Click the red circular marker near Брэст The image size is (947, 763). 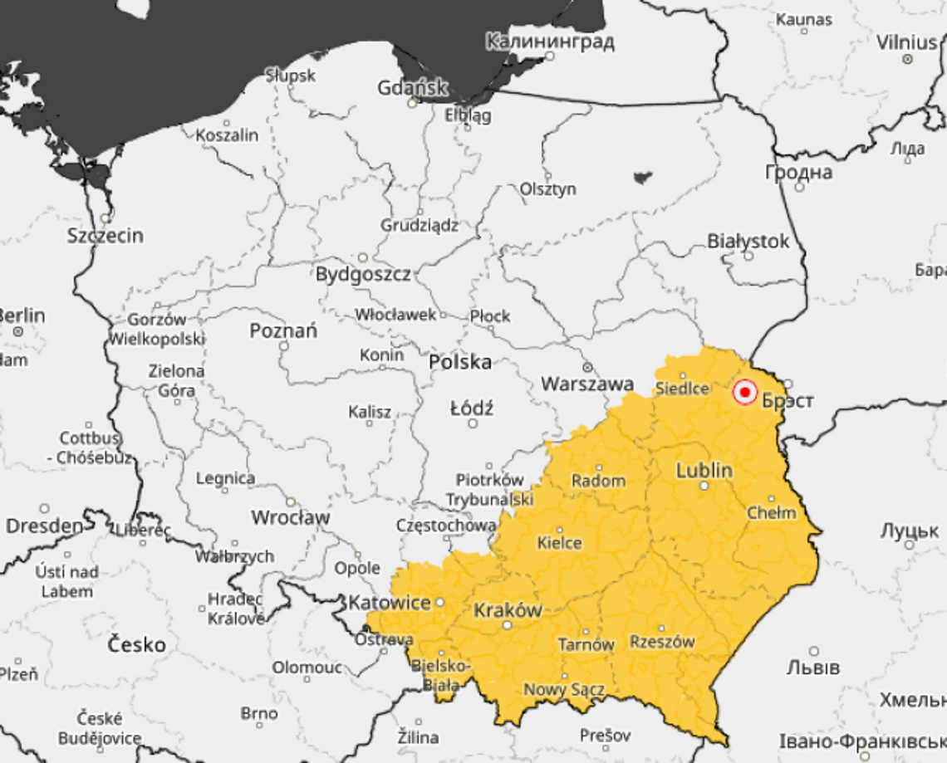(744, 392)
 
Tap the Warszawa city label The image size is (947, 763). (586, 384)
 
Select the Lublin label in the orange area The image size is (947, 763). (704, 470)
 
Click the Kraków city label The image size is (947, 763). (507, 610)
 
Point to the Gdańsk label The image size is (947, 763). (412, 88)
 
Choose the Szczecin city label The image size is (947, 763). (105, 236)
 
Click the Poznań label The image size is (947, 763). (283, 330)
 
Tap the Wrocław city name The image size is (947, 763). (290, 517)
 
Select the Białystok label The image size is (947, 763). (748, 241)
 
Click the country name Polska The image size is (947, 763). (459, 362)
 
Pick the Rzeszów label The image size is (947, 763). (661, 642)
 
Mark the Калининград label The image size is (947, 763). (549, 42)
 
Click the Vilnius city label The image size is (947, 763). (906, 42)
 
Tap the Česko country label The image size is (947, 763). (136, 644)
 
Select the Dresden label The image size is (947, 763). (44, 526)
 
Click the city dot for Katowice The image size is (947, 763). (440, 602)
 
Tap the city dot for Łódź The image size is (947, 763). (473, 423)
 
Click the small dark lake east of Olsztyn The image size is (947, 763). (642, 177)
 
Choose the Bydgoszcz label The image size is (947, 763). (362, 273)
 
